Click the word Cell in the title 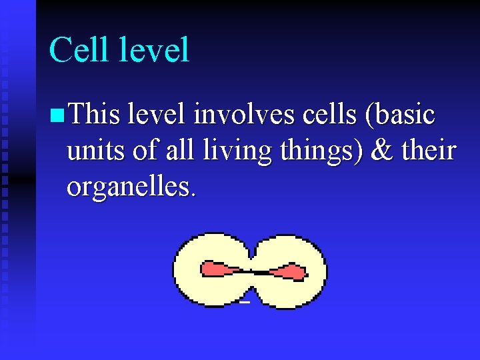click(x=78, y=51)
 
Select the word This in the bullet click(x=94, y=115)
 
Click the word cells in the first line click(x=323, y=115)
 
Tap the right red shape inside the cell click(x=288, y=272)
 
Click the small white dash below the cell click(x=244, y=303)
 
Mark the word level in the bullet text click(x=157, y=115)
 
